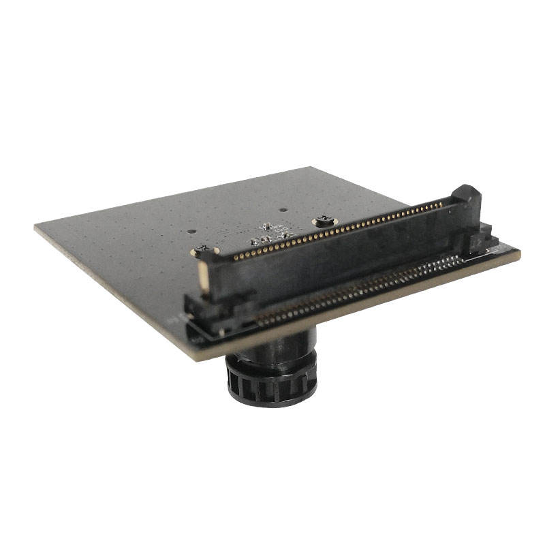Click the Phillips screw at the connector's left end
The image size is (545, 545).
pyautogui.click(x=202, y=249)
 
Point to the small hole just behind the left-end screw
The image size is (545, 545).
pyautogui.click(x=195, y=230)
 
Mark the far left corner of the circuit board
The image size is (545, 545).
pyautogui.click(x=35, y=228)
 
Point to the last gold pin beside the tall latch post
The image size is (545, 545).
pyautogui.click(x=445, y=202)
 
